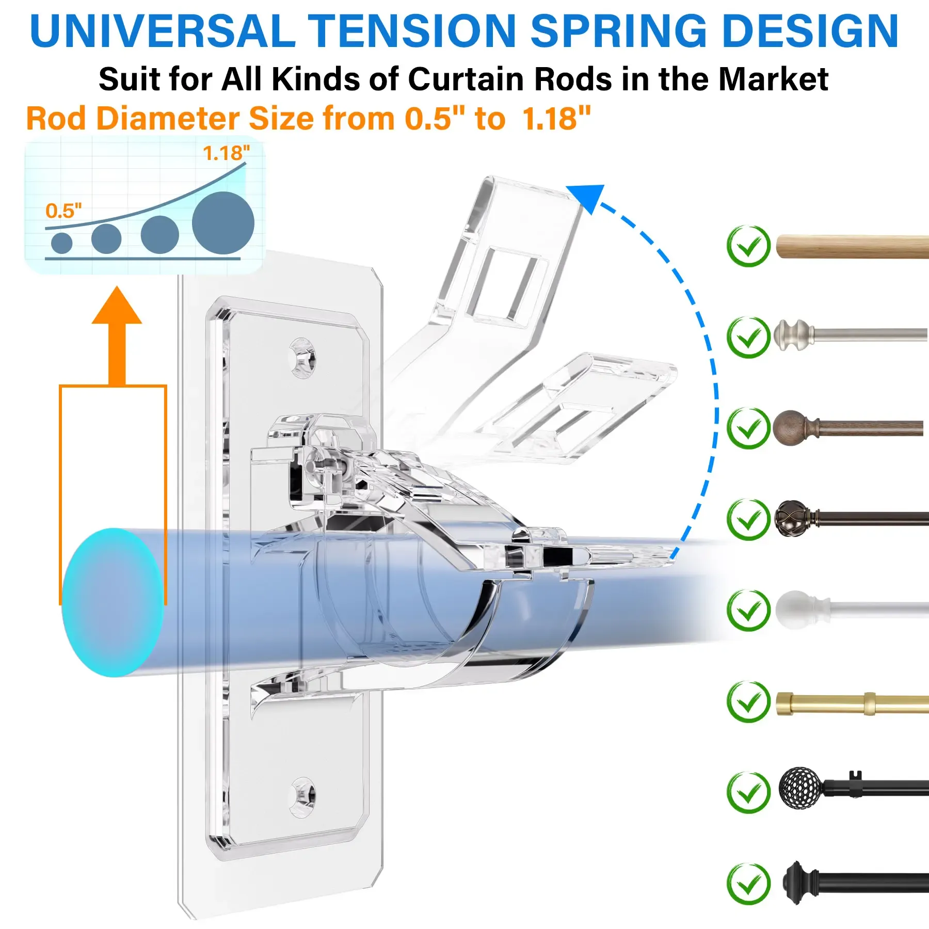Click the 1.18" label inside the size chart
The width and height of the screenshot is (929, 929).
(226, 153)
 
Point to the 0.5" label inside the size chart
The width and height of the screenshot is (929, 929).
(63, 211)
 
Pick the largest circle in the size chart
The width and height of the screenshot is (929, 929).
(223, 223)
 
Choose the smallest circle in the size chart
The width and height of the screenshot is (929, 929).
(62, 243)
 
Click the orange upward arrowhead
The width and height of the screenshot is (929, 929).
(117, 307)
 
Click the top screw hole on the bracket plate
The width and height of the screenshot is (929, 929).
(302, 357)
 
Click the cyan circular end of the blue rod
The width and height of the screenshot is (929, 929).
(113, 602)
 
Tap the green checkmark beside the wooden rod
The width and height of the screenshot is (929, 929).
(748, 246)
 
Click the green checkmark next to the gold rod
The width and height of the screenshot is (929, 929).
(748, 702)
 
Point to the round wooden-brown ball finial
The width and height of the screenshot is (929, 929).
(788, 428)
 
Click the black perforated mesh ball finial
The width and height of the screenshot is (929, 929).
(800, 788)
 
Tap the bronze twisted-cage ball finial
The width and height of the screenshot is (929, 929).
(791, 518)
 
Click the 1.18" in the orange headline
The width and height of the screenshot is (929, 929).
(556, 119)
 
